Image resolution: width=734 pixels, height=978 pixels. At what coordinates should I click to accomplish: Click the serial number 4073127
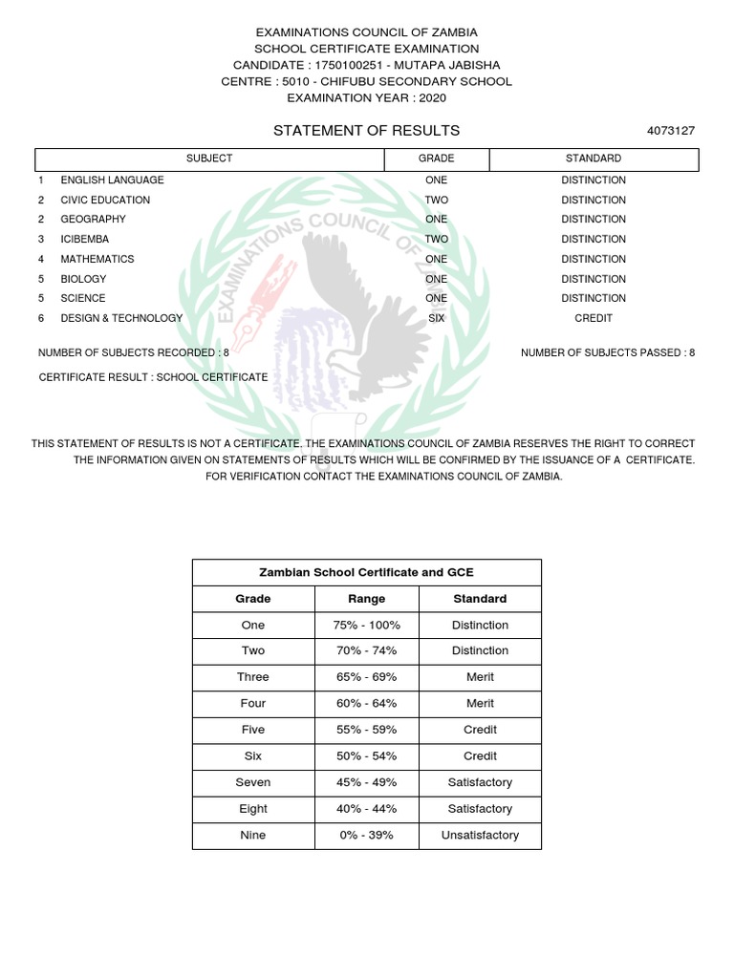coord(671,132)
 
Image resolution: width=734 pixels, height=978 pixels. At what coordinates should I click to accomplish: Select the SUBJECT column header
coord(209,159)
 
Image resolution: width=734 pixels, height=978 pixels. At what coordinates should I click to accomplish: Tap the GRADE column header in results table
coord(437,159)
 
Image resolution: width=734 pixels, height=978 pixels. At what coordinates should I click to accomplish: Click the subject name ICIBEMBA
coord(85,239)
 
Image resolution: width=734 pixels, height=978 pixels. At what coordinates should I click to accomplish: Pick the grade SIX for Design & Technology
coord(437,318)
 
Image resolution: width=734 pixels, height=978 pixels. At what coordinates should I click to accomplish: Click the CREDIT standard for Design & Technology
coord(594,318)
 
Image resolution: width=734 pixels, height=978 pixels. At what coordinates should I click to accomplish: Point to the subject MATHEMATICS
coord(97,259)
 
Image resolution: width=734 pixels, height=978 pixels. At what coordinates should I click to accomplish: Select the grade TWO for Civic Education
coord(437,200)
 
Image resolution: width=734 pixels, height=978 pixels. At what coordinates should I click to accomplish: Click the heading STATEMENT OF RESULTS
coord(366,131)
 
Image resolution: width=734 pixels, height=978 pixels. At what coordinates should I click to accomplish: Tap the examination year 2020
coord(431,97)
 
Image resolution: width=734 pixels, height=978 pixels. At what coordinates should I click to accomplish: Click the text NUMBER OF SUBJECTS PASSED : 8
coord(608,353)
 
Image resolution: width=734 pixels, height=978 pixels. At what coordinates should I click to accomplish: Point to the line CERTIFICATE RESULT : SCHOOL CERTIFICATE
coord(153,377)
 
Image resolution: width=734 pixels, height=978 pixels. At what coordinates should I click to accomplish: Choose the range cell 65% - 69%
coord(367,677)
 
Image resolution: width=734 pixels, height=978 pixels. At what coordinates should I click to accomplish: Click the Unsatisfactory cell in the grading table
coord(480,835)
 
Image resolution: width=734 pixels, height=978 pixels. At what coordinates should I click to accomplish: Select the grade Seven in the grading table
coord(253,782)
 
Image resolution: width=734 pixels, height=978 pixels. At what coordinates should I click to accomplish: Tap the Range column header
coord(367,599)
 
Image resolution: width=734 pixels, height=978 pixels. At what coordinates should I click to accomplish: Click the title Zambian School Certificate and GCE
coord(367,573)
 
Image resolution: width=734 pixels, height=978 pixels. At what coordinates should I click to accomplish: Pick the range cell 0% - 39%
coord(367,835)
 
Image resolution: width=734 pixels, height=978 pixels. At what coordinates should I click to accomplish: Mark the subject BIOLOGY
coord(84,279)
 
